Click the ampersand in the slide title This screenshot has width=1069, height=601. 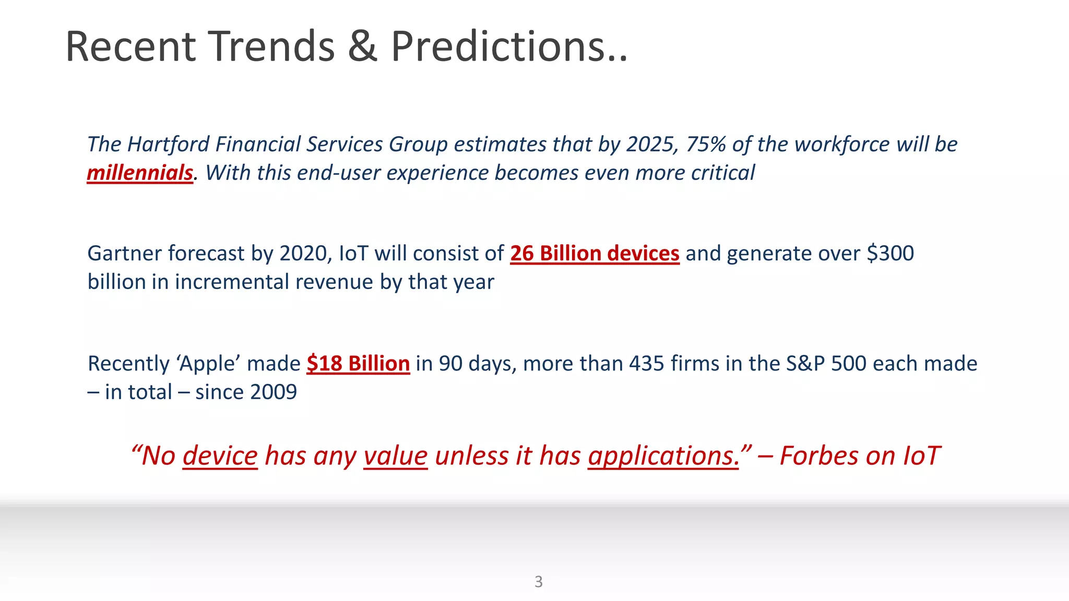coord(362,47)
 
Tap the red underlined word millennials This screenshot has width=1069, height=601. coord(140,173)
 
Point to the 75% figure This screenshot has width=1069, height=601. coord(705,145)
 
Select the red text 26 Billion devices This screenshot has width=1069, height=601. coord(595,254)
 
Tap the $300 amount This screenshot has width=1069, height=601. coord(890,254)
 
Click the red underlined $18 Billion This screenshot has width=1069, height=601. coord(358,364)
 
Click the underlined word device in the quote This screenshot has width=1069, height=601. coord(220,456)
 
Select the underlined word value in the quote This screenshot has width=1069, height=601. coord(395,456)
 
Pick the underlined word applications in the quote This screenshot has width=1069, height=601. coord(663,456)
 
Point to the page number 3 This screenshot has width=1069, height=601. coord(539,582)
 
